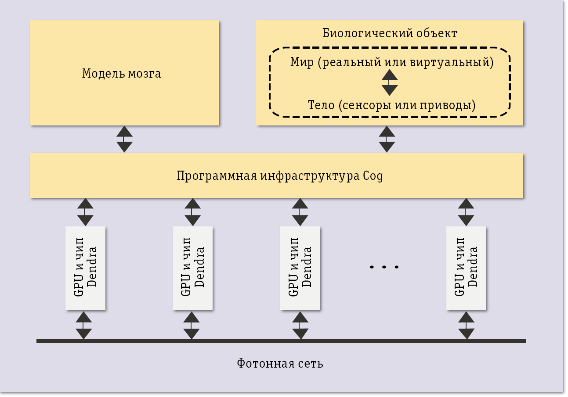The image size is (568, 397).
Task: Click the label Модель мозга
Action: (x=122, y=73)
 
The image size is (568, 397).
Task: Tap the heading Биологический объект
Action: (x=390, y=33)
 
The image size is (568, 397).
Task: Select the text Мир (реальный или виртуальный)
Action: (x=392, y=62)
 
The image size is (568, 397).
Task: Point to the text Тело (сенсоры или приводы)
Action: (x=392, y=105)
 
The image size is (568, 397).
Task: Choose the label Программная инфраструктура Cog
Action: (x=280, y=176)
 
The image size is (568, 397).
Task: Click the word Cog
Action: (x=373, y=176)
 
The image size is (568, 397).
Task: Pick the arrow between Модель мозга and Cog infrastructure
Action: (x=125, y=139)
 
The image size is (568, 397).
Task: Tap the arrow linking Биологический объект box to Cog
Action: (x=387, y=139)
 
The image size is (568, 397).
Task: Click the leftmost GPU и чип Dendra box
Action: (x=85, y=268)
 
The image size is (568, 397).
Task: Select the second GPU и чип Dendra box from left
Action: (x=193, y=268)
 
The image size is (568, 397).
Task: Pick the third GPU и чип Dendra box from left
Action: (x=300, y=268)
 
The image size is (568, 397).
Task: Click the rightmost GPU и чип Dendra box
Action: (x=466, y=268)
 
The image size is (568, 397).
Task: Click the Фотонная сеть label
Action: (x=280, y=364)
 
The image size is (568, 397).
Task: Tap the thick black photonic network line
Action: (x=281, y=341)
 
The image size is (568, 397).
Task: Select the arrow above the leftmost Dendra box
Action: (x=85, y=212)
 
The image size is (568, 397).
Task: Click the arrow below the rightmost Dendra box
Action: (x=467, y=325)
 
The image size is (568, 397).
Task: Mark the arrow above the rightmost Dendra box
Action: (x=466, y=212)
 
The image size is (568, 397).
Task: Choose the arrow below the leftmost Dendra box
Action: (x=84, y=325)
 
